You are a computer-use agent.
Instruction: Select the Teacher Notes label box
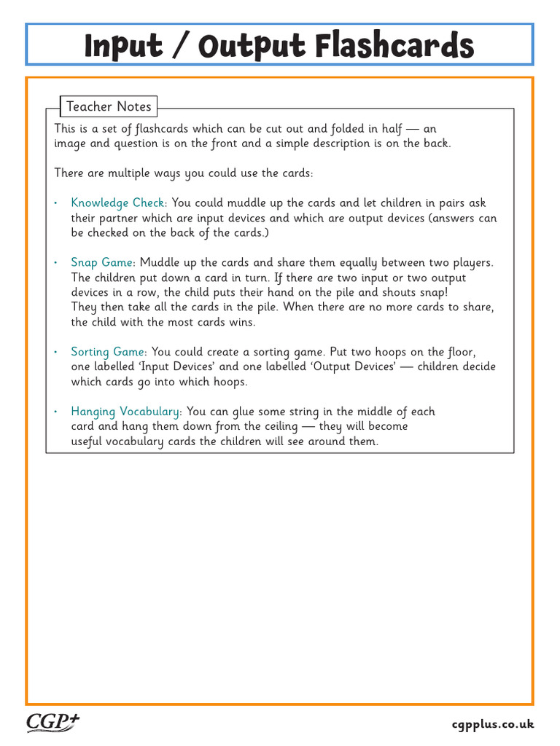[x=109, y=106]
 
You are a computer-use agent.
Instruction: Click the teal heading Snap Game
[x=103, y=262]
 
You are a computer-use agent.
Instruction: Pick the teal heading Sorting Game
[x=109, y=352]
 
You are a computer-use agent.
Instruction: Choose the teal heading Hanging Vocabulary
[x=126, y=412]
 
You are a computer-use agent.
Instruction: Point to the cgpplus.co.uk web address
[x=493, y=724]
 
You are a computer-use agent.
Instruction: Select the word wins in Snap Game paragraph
[x=242, y=322]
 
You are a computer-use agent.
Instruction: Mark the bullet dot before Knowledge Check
[x=56, y=203]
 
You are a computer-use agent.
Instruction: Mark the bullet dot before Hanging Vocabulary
[x=56, y=412]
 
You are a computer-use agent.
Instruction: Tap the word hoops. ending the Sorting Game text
[x=230, y=382]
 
